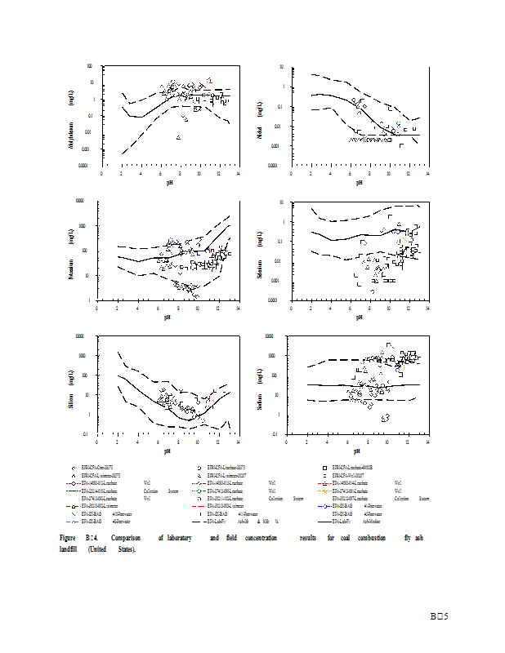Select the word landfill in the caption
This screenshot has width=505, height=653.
point(71,549)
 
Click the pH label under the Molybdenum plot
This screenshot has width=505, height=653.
point(170,183)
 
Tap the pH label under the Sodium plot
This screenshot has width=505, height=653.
point(358,451)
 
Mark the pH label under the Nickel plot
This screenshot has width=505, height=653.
point(358,183)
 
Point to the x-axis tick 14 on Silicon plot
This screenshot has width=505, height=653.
point(237,442)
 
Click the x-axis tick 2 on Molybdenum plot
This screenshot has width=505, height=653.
point(121,174)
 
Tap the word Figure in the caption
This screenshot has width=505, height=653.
point(68,538)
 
